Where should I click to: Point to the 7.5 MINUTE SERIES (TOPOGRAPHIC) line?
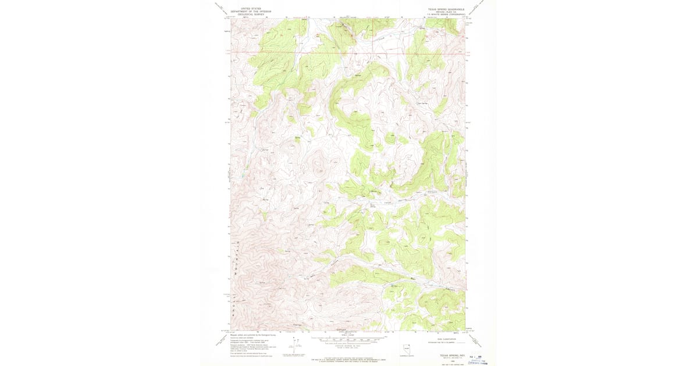(447, 15)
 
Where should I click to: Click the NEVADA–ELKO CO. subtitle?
(447, 12)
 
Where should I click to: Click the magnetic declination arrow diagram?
(294, 343)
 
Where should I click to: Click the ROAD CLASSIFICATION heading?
(442, 336)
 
